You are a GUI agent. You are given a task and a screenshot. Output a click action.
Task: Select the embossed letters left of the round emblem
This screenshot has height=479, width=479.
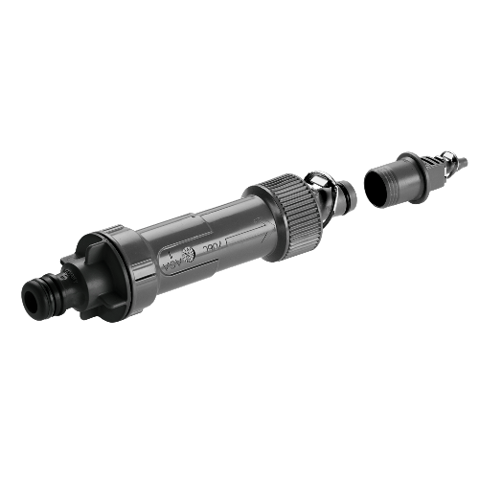[x=171, y=265]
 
